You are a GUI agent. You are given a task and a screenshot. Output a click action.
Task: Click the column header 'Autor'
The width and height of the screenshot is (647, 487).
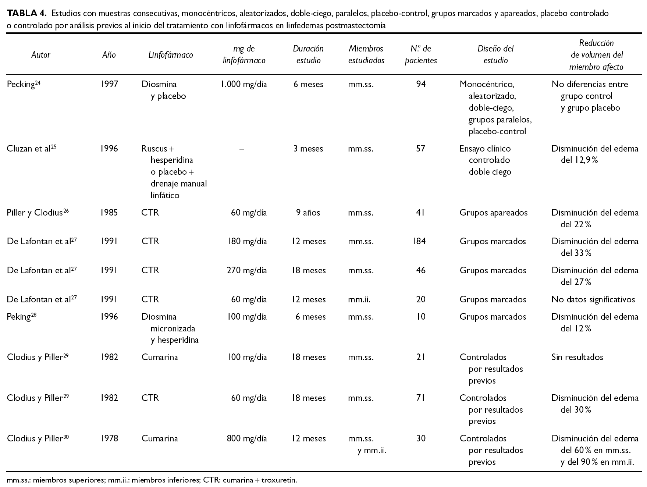coord(41,55)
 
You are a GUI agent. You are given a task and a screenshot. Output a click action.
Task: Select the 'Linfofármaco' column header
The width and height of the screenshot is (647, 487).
coord(171,55)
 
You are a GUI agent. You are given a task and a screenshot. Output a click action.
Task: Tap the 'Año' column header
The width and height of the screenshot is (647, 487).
coord(109,55)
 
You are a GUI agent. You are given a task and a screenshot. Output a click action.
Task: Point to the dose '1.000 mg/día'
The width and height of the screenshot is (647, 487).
coord(243,84)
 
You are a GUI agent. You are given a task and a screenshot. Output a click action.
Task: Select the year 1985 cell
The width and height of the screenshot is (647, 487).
coord(109,213)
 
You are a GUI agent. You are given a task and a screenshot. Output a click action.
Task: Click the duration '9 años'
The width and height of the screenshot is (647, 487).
coord(308,213)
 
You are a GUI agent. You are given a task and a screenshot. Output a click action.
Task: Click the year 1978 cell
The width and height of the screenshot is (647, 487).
coord(109,438)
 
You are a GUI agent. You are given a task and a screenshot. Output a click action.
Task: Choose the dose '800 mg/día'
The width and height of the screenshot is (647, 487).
coord(247,438)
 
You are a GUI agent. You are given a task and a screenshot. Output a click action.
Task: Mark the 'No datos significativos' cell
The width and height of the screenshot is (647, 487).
coord(593,299)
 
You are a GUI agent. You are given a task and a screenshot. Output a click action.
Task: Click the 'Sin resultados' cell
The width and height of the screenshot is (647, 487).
coord(577,357)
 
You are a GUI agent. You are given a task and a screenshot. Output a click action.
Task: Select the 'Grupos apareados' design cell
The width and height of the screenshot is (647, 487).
coord(493,213)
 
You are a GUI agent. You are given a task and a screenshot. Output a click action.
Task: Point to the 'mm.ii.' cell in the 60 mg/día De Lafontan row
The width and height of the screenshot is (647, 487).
coord(359,299)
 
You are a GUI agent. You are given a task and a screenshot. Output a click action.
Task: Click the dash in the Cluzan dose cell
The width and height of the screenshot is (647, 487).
coord(242,149)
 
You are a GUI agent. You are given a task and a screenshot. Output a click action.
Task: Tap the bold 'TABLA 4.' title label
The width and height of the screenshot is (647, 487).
coord(26,14)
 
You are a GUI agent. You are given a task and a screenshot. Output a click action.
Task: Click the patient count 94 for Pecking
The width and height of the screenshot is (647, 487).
coord(421,84)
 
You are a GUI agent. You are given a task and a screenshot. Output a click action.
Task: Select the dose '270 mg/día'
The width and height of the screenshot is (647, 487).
coord(247,270)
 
